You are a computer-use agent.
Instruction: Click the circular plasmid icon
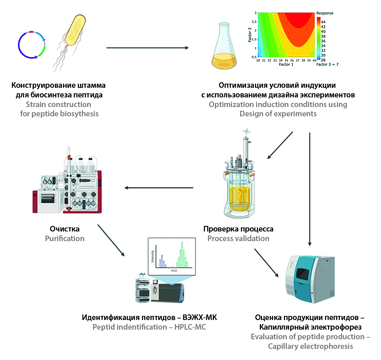point(31,45)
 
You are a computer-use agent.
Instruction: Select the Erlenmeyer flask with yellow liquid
point(224,46)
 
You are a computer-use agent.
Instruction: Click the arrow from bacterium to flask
point(148,48)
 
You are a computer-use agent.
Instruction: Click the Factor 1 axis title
point(285,64)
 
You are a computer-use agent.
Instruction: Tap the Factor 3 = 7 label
point(328,64)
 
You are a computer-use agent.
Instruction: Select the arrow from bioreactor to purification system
point(159,188)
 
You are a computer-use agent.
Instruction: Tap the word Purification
point(65,239)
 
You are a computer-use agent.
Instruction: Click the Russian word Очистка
point(65,229)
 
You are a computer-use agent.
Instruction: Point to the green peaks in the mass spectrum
point(182,255)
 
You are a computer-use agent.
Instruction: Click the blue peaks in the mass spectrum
point(162,261)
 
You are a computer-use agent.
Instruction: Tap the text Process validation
point(238,239)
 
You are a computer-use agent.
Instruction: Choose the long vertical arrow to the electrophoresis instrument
point(309,189)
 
